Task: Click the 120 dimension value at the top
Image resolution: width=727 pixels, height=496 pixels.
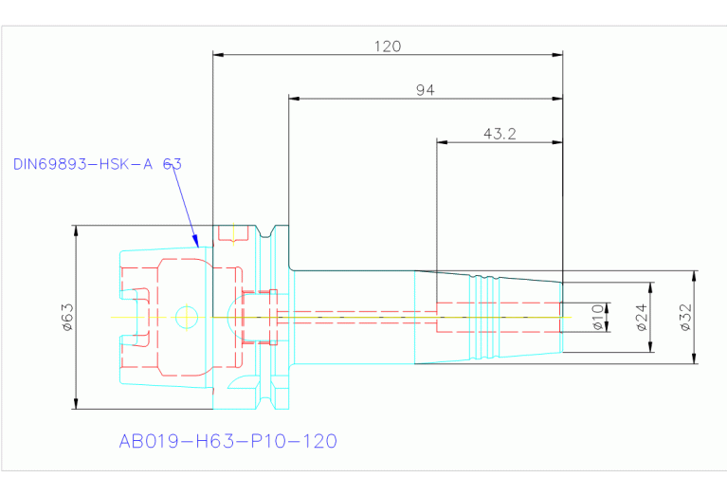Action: (388, 46)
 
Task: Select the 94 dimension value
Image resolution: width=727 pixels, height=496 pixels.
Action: (426, 90)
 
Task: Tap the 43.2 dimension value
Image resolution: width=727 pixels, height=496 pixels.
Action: (500, 134)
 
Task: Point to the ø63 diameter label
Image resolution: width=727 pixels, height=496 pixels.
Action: (67, 317)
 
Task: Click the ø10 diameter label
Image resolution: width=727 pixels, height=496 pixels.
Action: (598, 318)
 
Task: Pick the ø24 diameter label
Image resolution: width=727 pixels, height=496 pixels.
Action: (642, 318)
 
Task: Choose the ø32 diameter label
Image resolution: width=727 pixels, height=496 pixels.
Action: (685, 318)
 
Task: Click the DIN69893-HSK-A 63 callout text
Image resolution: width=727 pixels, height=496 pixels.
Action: (98, 164)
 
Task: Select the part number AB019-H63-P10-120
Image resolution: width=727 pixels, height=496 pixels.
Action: (228, 441)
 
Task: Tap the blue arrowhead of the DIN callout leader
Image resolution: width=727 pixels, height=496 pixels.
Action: (196, 241)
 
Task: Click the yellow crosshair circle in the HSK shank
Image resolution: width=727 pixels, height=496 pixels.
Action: (187, 318)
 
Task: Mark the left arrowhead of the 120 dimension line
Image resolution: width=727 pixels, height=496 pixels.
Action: (218, 55)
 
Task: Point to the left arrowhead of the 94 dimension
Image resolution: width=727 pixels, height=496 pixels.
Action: (294, 99)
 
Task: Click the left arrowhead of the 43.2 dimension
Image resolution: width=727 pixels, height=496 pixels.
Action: (443, 142)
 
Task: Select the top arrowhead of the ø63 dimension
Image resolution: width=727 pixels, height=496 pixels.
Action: (77, 231)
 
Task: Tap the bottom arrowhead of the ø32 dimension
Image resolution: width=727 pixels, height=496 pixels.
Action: (694, 358)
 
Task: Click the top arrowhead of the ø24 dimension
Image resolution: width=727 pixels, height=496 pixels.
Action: (650, 287)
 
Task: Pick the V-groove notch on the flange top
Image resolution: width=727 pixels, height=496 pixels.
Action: (264, 231)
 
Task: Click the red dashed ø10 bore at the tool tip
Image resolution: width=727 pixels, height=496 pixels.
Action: (499, 318)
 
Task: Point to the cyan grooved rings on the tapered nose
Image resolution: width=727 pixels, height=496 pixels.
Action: (484, 318)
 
